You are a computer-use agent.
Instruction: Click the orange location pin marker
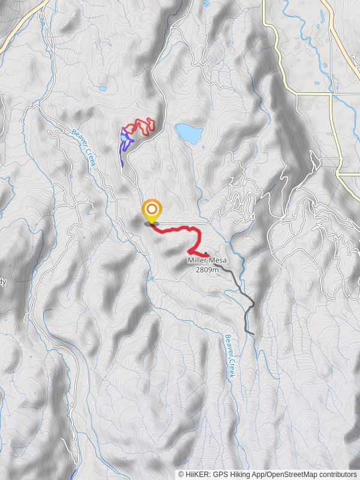[152, 211]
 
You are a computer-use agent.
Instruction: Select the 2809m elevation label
[208, 269]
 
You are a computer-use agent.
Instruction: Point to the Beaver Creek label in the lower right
[229, 355]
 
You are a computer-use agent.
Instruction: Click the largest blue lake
[188, 133]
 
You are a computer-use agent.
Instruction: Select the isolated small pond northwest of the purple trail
[103, 89]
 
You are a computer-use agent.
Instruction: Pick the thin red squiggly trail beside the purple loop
[143, 125]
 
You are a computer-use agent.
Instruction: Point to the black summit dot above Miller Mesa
[206, 253]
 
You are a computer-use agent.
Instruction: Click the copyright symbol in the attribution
[181, 474]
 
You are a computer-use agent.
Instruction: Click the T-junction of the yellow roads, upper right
[331, 94]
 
